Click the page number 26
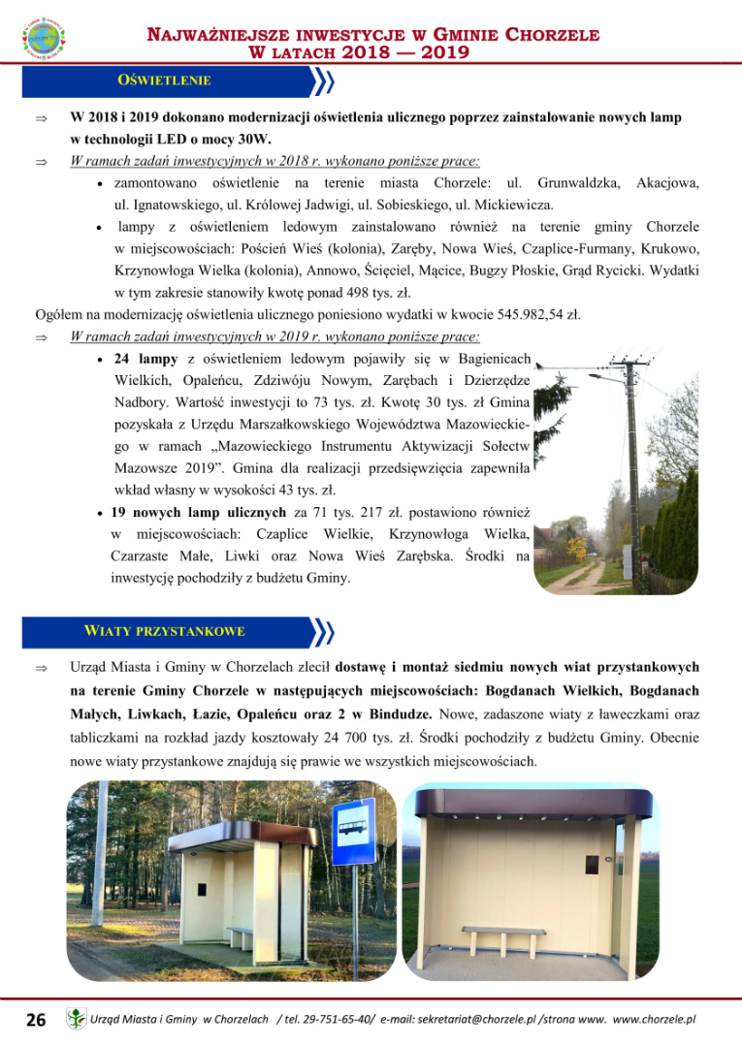(x=36, y=1020)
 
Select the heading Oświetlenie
(x=164, y=80)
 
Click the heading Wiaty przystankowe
(x=178, y=631)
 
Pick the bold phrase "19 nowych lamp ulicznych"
(x=199, y=513)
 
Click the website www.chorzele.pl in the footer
(x=655, y=1020)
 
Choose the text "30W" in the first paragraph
(x=254, y=140)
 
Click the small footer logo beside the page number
(x=76, y=1019)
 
